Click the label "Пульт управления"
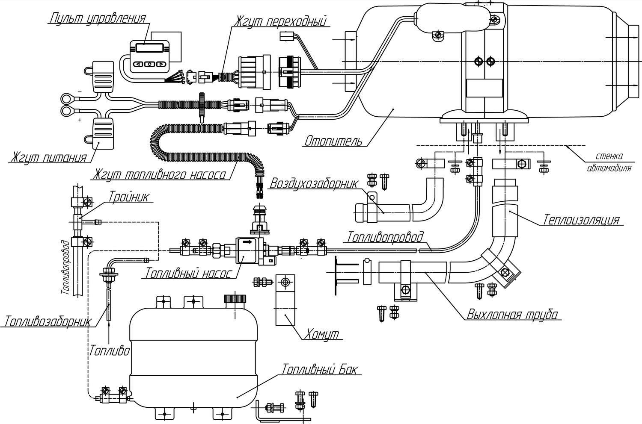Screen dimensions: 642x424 [98, 19]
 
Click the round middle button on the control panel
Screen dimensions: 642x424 [150, 64]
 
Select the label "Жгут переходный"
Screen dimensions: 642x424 [281, 21]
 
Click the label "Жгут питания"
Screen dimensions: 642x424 [49, 158]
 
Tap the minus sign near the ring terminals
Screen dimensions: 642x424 [80, 91]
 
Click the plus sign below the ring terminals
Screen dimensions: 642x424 [80, 120]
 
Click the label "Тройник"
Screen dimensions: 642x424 [129, 197]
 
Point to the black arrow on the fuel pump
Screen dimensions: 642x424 [247, 242]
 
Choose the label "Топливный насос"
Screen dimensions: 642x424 [188, 273]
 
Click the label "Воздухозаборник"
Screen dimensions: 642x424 [314, 184]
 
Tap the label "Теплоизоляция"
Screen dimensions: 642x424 [582, 220]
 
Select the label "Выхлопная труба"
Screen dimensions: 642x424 [512, 314]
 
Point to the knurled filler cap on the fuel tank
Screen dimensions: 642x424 [235, 299]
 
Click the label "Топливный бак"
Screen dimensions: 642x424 [320, 369]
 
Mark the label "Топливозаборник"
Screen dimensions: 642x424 [47, 321]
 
